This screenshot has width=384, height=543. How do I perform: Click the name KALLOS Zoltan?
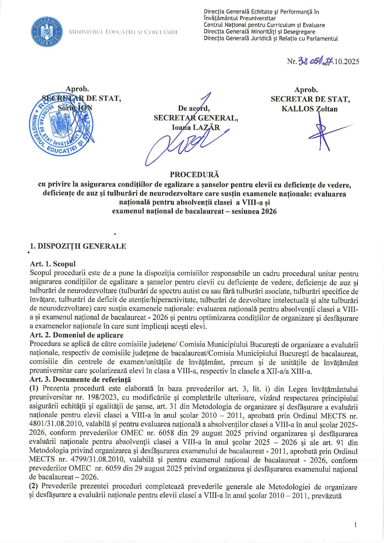[309, 109]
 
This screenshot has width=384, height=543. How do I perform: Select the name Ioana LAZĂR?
[196, 127]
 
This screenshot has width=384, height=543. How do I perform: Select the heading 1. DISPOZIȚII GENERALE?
[77, 246]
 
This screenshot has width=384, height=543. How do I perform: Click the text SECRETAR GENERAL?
[196, 118]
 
